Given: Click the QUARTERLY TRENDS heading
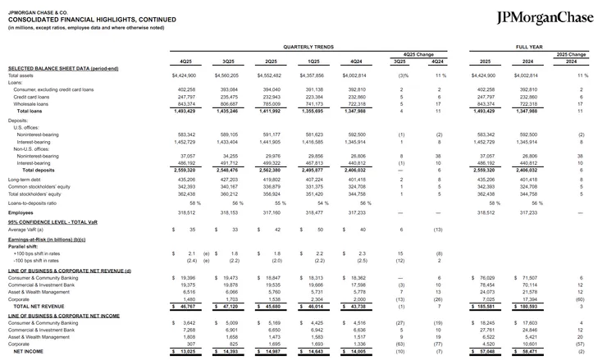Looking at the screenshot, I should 304,48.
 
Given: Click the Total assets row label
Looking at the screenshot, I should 25,75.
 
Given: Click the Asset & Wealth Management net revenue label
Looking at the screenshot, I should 39,291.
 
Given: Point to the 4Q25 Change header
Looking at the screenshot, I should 418,55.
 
